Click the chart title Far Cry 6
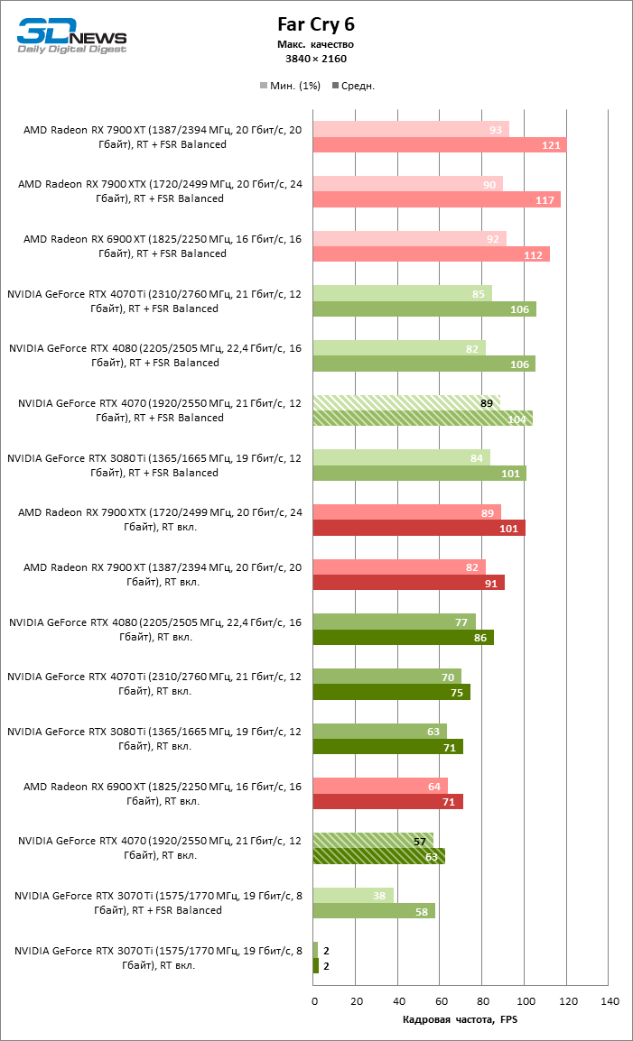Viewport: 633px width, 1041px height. coord(315,24)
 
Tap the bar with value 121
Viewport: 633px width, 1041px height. coord(439,145)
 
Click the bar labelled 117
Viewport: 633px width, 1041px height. coord(436,199)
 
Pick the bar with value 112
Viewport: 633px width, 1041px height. coord(431,254)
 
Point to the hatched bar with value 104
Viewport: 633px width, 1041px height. coord(423,419)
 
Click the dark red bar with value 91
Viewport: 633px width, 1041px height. coord(408,583)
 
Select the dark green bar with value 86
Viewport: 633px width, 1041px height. coord(403,638)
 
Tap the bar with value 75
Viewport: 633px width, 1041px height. coord(391,692)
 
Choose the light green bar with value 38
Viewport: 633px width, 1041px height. coord(353,895)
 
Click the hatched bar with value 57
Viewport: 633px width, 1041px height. coord(373,841)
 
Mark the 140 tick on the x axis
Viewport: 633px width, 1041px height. coord(610,1001)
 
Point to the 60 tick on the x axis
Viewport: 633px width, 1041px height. coord(441,1001)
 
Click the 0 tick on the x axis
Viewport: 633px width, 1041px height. coord(314,1001)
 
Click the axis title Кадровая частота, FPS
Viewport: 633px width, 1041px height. coord(461,1020)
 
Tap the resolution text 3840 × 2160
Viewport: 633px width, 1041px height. coord(315,59)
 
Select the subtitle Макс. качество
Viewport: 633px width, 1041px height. coord(315,44)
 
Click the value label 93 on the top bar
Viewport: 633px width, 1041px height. coord(496,130)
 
